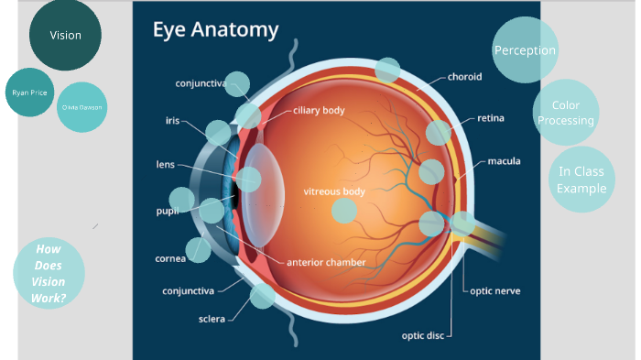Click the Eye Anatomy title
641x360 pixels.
[215, 29]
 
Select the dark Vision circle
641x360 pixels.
[65, 36]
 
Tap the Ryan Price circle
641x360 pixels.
[29, 93]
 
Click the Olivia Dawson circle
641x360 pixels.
[82, 107]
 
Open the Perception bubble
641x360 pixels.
[525, 50]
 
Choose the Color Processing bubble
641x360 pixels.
[566, 114]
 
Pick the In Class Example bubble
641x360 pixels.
[582, 180]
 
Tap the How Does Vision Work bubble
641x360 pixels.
[49, 274]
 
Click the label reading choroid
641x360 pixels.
[464, 76]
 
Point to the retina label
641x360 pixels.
[490, 118]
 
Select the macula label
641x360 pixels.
[504, 161]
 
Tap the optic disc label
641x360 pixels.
[422, 334]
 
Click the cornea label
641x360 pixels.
[170, 258]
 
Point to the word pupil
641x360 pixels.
[167, 211]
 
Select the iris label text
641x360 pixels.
[172, 120]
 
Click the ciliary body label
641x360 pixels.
[319, 110]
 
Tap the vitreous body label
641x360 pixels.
[334, 191]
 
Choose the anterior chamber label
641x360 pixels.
[326, 262]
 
